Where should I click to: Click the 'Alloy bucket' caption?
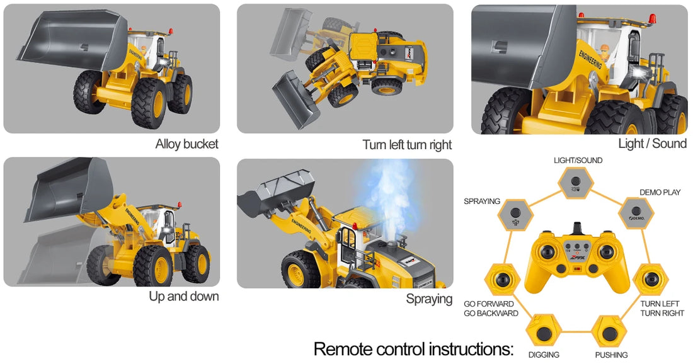[186, 144]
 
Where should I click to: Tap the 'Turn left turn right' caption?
[407, 145]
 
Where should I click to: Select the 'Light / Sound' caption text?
[652, 144]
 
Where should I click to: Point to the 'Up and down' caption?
[184, 296]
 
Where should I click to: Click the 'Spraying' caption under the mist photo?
[429, 299]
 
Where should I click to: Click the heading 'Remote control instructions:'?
[413, 349]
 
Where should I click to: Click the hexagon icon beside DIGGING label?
[542, 331]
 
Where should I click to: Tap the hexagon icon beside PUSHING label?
[609, 331]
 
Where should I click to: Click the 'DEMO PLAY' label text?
[660, 192]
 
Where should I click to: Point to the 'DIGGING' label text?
[544, 355]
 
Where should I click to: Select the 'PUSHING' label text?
[611, 355]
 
